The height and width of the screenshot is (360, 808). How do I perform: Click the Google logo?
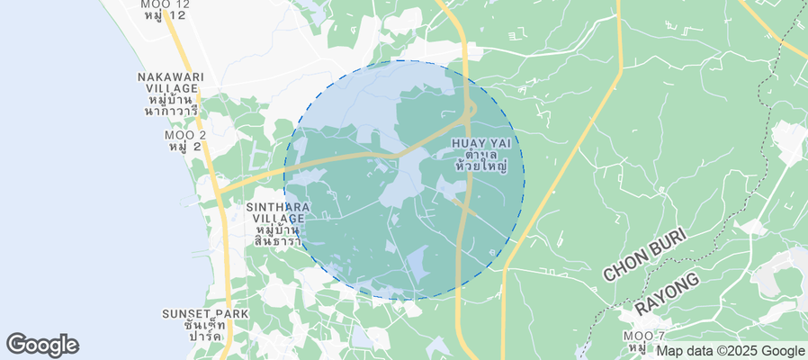pos(42,345)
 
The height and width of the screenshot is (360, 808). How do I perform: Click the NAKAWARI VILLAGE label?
pos(171,83)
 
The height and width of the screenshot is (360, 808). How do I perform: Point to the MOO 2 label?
pos(185,135)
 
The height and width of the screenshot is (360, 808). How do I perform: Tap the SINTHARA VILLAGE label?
pos(278,212)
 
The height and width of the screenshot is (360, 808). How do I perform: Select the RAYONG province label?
pos(668,294)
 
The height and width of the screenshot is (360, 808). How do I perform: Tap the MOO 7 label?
pos(643,336)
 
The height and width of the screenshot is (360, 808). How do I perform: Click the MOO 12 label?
pos(166,4)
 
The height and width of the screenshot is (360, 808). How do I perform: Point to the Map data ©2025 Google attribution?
pos(730,351)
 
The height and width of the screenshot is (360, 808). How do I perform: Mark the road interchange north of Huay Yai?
pos(468,112)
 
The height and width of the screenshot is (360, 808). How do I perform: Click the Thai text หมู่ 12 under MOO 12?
pos(166,17)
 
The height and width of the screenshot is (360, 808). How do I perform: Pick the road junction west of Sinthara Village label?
pos(219,191)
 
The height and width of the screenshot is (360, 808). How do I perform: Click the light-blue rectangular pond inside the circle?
pos(418,265)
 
